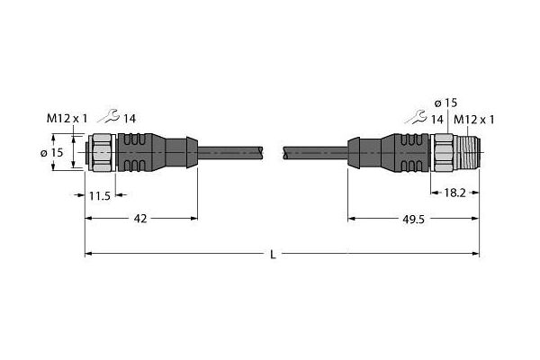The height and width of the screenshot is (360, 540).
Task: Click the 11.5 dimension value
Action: (x=100, y=196)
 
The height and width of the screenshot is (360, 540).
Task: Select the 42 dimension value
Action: (x=140, y=219)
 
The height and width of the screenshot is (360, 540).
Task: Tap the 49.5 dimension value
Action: (x=414, y=220)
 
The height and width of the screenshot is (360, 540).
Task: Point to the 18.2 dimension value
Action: (x=454, y=193)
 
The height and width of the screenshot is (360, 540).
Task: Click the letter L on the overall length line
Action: (x=273, y=255)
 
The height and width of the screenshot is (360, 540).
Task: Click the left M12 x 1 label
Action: (x=67, y=119)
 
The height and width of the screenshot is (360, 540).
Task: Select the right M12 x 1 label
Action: (x=474, y=120)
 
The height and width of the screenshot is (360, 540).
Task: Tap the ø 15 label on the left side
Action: (x=52, y=152)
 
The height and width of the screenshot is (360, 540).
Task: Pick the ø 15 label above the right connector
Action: (x=445, y=103)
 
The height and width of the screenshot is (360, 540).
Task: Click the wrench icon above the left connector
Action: (x=109, y=116)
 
